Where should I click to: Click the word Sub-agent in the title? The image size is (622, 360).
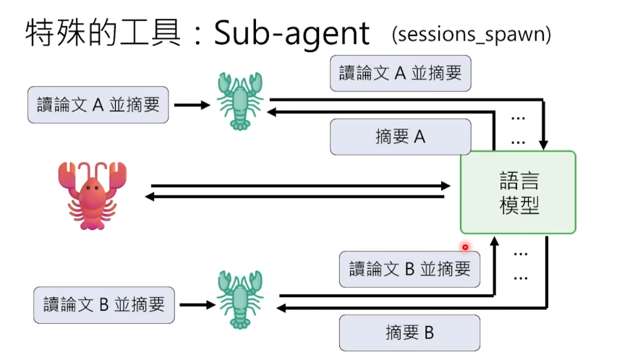click(291, 34)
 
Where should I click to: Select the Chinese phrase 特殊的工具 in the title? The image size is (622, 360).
click(102, 34)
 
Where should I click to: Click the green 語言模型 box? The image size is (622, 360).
click(519, 192)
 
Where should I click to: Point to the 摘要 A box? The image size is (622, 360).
click(401, 137)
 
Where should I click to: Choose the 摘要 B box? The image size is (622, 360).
click(409, 333)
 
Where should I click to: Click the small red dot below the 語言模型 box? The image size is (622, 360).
click(465, 247)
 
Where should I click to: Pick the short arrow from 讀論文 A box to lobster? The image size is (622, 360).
click(192, 105)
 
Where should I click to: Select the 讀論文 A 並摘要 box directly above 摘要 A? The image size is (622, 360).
click(400, 73)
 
